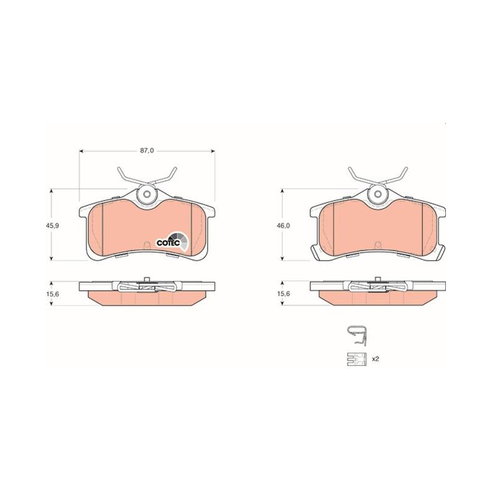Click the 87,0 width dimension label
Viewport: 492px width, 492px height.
click(x=147, y=151)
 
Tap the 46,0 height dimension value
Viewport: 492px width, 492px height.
click(x=284, y=225)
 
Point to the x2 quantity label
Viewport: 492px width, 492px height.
click(x=375, y=359)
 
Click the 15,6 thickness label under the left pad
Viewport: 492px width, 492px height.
click(x=54, y=294)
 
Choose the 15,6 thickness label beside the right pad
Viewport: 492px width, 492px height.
click(x=284, y=294)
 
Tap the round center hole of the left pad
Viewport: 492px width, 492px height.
click(x=146, y=194)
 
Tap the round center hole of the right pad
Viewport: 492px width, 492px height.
click(x=378, y=194)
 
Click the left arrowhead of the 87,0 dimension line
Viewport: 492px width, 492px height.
click(x=81, y=151)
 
